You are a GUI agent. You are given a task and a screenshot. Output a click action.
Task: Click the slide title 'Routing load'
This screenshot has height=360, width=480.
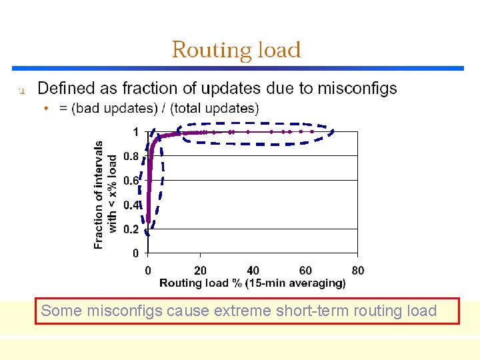point(236,50)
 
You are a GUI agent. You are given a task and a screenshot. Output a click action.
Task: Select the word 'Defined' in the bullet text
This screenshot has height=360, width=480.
point(64,89)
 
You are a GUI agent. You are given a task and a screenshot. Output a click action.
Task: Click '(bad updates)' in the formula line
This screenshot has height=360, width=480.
point(107,108)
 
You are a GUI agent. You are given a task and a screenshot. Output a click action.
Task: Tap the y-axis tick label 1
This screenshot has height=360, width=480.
point(135,132)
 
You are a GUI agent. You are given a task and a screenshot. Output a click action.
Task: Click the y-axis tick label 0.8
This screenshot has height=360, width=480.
point(131,157)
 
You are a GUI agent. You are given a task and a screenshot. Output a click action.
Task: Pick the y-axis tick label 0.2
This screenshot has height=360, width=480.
point(131,229)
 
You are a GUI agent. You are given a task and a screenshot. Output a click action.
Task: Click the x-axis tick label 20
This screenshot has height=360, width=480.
point(200,271)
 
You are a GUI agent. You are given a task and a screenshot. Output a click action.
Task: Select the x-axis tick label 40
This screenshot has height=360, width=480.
point(253,271)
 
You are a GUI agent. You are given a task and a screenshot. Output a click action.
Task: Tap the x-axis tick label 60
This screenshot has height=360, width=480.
point(305,271)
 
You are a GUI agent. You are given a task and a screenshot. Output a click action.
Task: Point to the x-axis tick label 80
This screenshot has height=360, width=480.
point(358,271)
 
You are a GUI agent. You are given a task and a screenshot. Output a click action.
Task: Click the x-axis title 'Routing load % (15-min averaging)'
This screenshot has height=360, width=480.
point(253,283)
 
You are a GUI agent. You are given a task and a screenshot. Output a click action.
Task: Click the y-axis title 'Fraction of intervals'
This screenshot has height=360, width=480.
point(99,195)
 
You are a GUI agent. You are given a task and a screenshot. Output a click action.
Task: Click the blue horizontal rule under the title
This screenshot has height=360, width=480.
point(237,68)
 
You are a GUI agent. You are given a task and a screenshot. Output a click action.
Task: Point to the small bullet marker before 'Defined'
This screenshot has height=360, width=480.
point(21,90)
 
